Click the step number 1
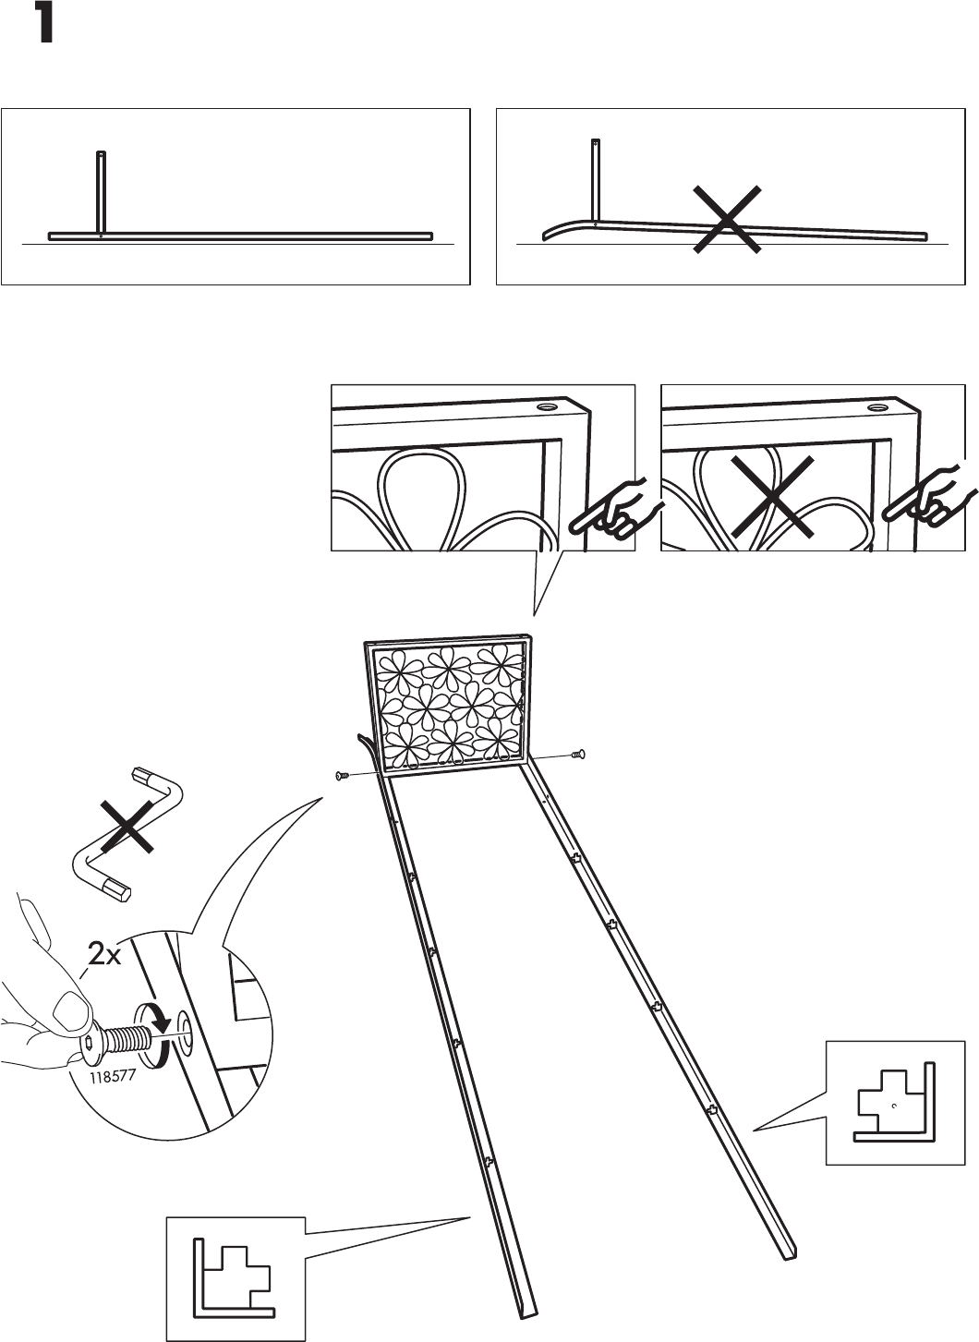[38, 24]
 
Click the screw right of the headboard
[579, 755]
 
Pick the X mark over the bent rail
[727, 218]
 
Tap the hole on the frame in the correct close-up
[547, 406]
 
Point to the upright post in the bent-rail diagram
[596, 180]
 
